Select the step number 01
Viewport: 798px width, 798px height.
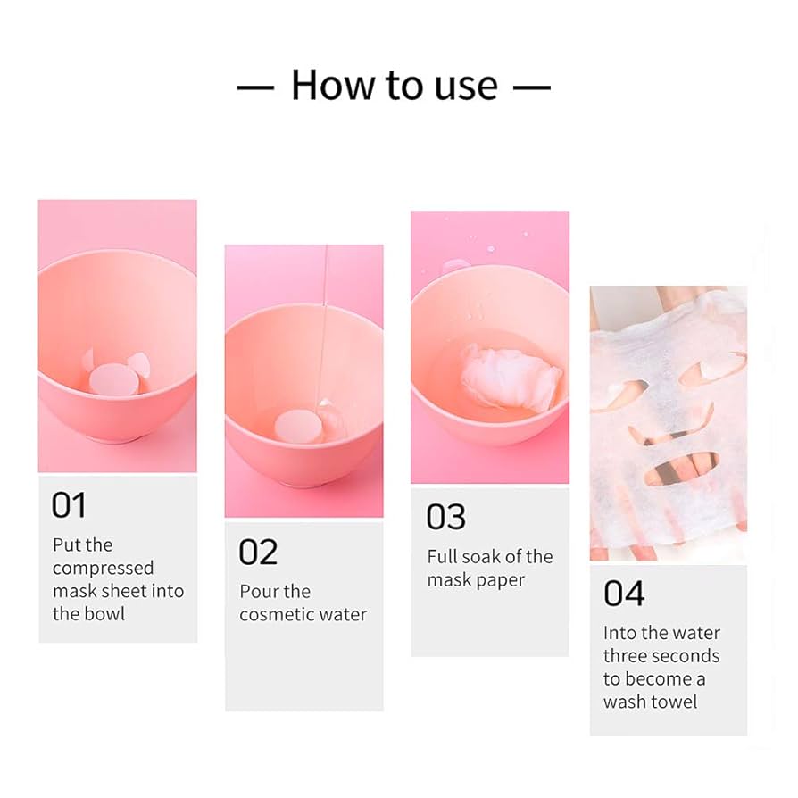pyautogui.click(x=68, y=505)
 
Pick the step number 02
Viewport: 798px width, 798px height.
pyautogui.click(x=258, y=553)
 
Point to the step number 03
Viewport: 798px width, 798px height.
pyautogui.click(x=445, y=517)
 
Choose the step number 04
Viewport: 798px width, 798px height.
pyautogui.click(x=624, y=594)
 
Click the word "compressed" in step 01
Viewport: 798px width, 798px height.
pyautogui.click(x=103, y=569)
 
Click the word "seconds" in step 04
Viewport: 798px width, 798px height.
pyautogui.click(x=689, y=656)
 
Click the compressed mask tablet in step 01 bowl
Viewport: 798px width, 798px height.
pyautogui.click(x=113, y=379)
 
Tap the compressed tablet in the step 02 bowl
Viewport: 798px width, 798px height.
pyautogui.click(x=296, y=426)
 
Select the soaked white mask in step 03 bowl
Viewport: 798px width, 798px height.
pyautogui.click(x=511, y=377)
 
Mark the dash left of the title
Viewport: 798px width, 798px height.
pyautogui.click(x=255, y=87)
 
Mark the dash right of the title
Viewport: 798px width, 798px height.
pyautogui.click(x=532, y=87)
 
